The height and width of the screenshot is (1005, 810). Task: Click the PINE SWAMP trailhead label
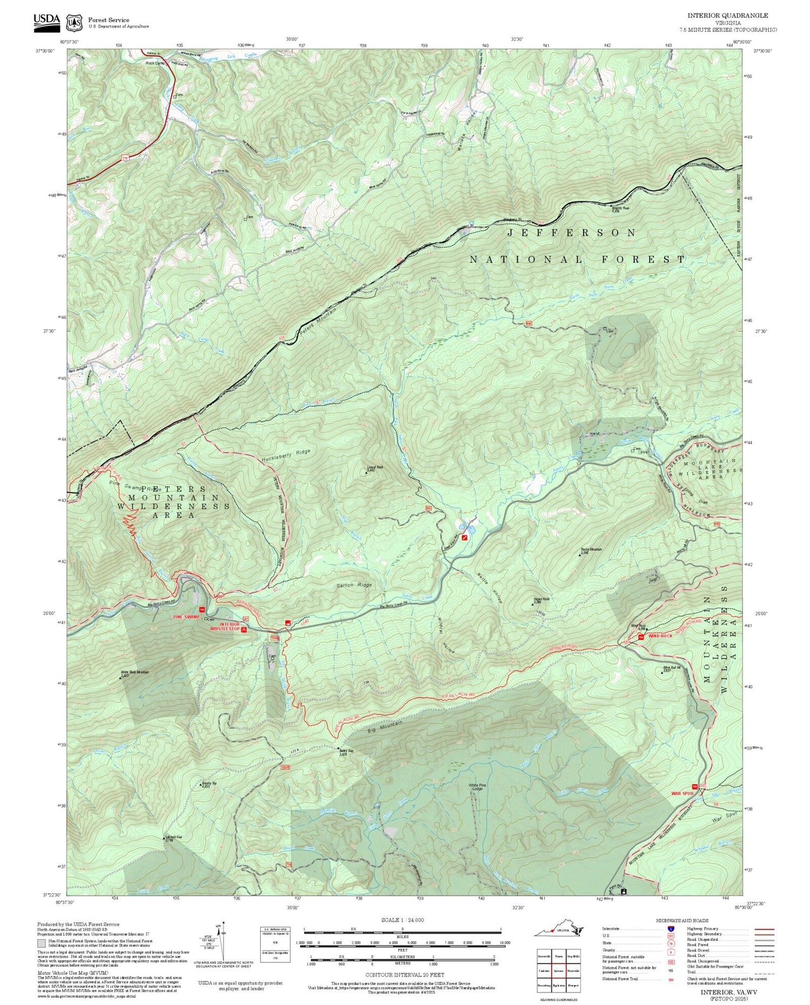click(x=186, y=616)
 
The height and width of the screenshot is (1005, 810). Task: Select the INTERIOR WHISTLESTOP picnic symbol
click(x=245, y=629)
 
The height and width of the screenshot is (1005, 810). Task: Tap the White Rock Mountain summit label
click(x=134, y=673)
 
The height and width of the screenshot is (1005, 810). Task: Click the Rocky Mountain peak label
click(x=591, y=550)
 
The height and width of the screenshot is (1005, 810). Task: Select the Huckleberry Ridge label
click(x=286, y=454)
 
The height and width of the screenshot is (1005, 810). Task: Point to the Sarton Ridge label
click(x=354, y=585)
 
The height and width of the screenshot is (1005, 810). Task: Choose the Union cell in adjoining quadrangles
click(x=559, y=954)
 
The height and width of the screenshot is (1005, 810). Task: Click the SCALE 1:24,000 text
click(x=402, y=920)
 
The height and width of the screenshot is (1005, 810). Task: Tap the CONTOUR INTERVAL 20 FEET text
click(x=404, y=975)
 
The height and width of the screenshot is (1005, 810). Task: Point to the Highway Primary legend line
click(x=762, y=929)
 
